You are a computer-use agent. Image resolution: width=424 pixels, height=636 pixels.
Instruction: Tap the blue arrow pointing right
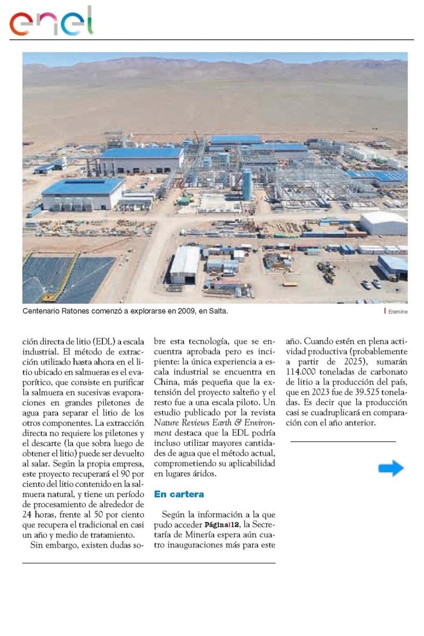pos(391,468)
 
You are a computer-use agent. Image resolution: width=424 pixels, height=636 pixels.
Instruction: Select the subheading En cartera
pos(179,494)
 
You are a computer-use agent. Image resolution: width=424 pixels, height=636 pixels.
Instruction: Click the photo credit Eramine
pos(397,312)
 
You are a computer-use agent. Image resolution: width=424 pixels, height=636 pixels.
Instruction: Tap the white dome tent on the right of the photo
pos(383,223)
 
